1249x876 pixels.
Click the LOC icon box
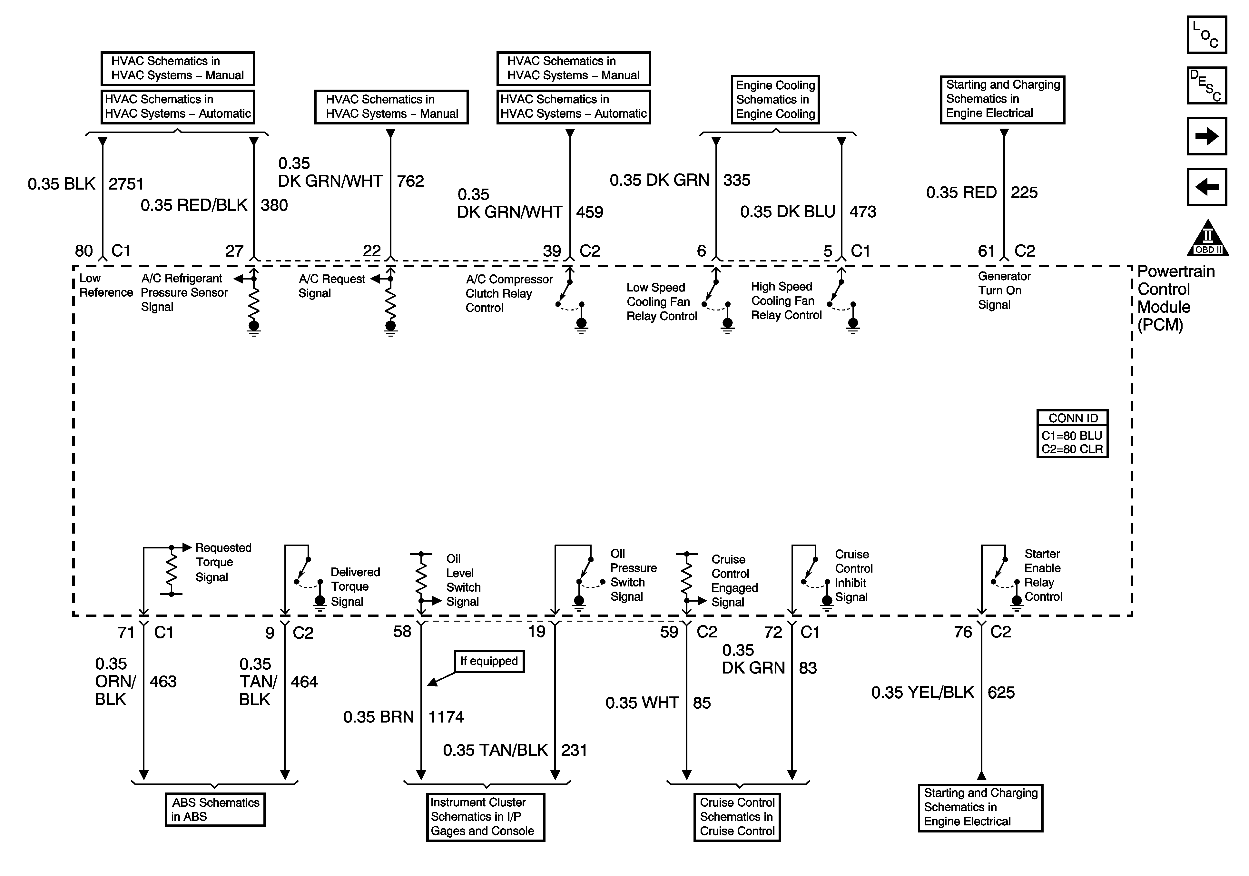click(1206, 35)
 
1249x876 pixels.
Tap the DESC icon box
click(1206, 85)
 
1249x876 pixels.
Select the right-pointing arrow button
click(1206, 136)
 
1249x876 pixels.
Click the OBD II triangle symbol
click(1208, 240)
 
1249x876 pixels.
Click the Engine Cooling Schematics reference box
click(775, 100)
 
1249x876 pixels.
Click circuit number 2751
click(126, 184)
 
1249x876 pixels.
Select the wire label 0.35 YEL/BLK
click(923, 693)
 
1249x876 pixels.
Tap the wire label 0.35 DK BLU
click(787, 212)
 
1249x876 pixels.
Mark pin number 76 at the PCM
click(962, 632)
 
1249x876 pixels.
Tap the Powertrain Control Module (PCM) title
click(1175, 298)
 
